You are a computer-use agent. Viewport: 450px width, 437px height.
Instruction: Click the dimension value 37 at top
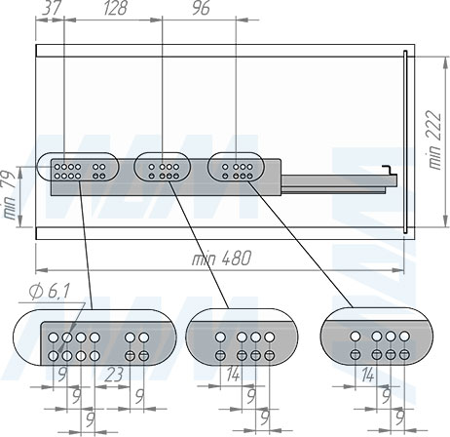(52, 8)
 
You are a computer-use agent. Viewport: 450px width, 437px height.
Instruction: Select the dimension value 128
(115, 8)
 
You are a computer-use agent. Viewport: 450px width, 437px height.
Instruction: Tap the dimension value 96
(201, 8)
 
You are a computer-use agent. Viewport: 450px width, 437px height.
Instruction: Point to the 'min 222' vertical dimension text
(434, 139)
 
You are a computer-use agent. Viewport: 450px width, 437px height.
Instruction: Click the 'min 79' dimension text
(9, 195)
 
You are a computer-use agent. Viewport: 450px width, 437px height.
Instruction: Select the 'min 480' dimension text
(221, 258)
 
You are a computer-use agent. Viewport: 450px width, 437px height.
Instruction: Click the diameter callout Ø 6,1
(50, 292)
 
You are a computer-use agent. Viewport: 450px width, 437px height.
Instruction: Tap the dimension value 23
(114, 376)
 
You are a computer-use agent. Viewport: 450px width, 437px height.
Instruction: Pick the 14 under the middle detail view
(233, 375)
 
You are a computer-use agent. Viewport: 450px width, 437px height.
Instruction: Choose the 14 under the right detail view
(367, 375)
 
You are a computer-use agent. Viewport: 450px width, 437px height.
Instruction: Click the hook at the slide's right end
(388, 170)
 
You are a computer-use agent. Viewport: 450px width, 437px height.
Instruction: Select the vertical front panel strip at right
(405, 141)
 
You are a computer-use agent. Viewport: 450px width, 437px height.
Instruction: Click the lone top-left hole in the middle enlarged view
(220, 337)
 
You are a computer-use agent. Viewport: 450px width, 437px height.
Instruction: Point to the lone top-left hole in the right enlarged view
(356, 337)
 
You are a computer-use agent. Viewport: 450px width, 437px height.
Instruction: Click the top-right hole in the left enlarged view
(143, 338)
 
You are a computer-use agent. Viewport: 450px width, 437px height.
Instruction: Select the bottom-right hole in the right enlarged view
(404, 354)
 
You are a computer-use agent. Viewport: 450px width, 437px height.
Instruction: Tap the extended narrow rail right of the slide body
(339, 181)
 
